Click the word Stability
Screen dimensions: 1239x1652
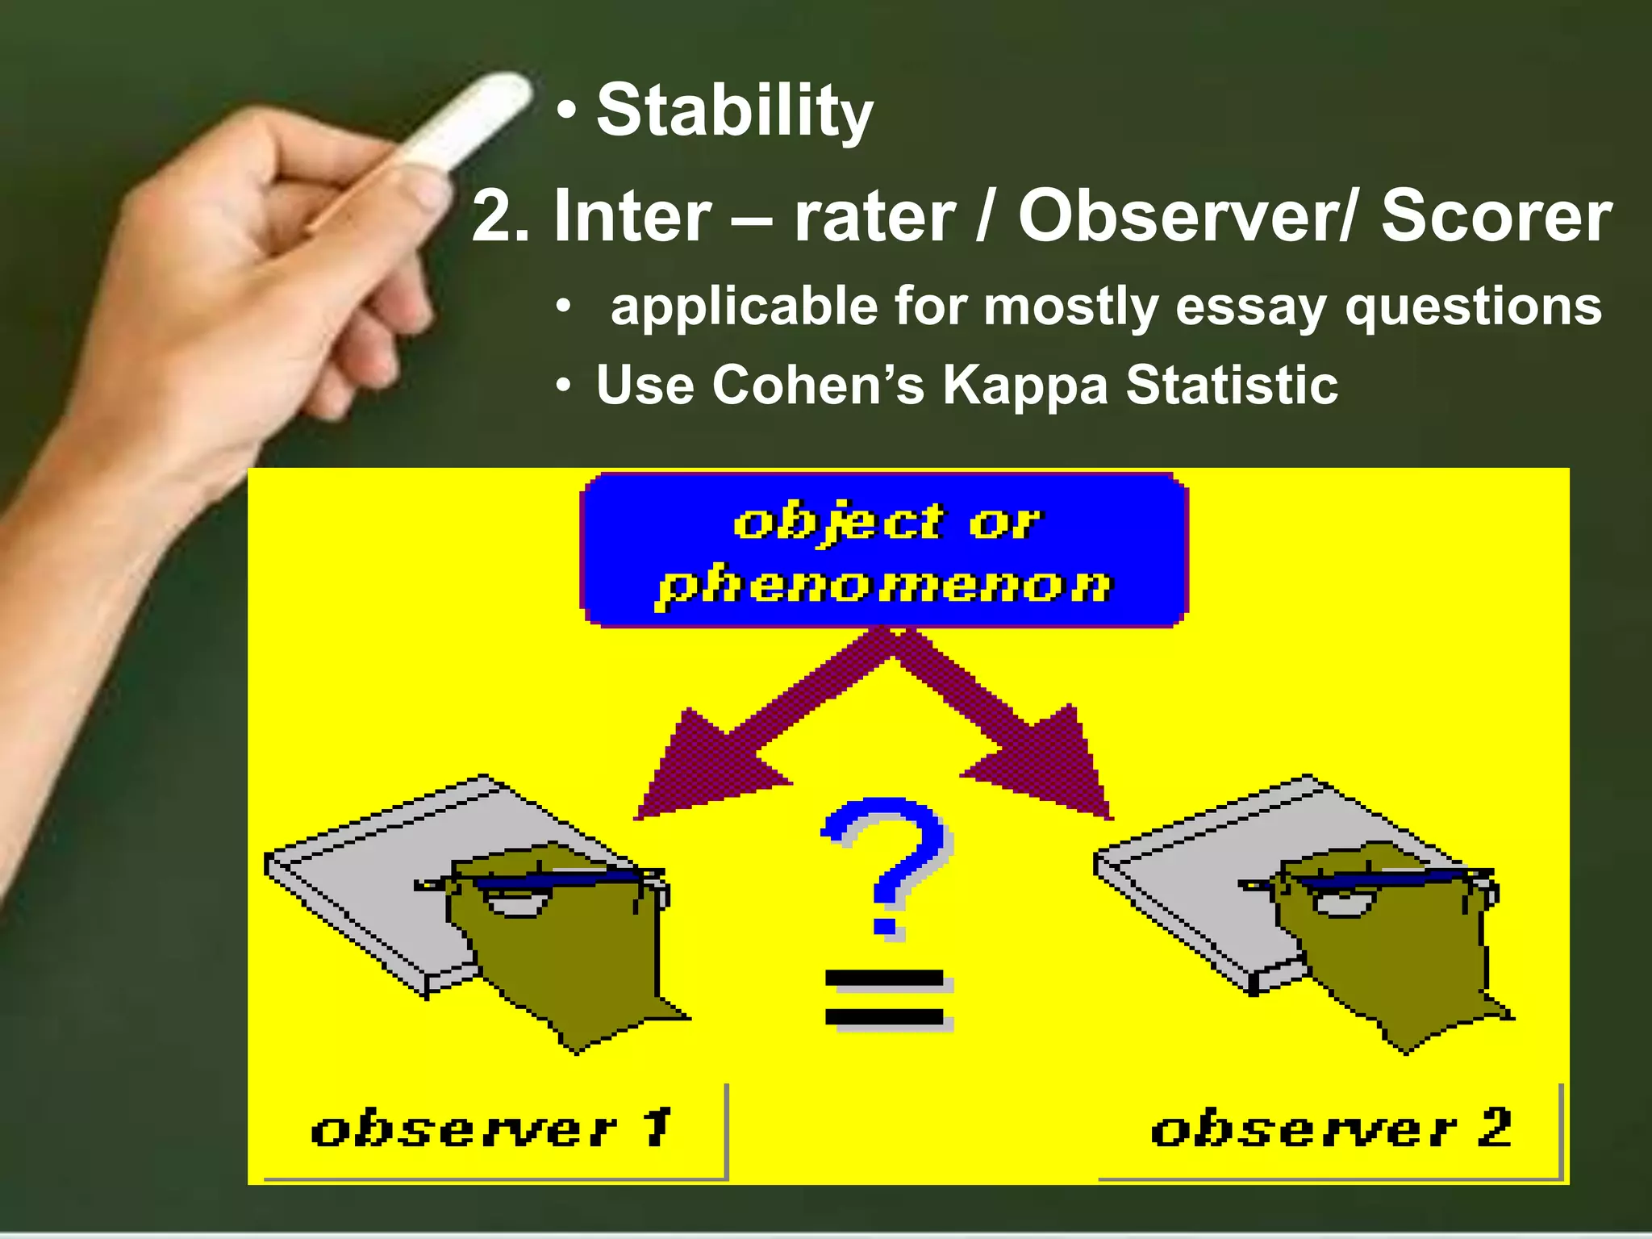point(734,113)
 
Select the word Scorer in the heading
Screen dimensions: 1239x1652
point(1496,216)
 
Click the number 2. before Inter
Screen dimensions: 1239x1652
point(500,216)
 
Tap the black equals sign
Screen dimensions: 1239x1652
point(886,999)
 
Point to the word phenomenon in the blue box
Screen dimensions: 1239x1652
point(884,585)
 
